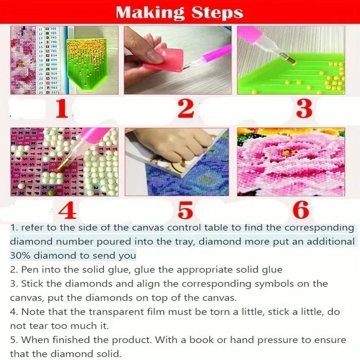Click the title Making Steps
point(180,12)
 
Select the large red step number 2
point(184,109)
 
